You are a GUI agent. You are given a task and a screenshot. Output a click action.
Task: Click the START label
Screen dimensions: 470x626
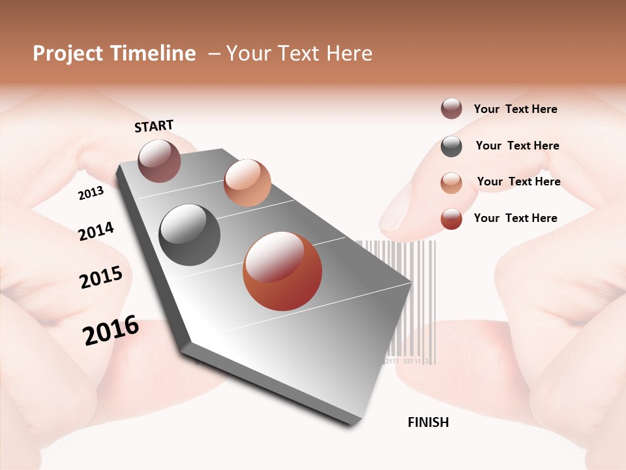(x=154, y=126)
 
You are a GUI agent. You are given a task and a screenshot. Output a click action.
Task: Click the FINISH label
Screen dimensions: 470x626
(x=428, y=422)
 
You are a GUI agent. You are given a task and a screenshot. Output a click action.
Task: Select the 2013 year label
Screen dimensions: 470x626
(x=91, y=193)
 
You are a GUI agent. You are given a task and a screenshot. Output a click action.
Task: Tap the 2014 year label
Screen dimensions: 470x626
(x=96, y=231)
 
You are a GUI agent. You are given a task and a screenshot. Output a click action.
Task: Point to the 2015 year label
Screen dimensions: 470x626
(x=101, y=277)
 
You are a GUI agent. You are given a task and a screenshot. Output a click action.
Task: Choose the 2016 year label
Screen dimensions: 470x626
(x=111, y=330)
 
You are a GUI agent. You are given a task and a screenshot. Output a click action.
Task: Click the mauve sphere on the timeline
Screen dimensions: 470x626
(x=160, y=161)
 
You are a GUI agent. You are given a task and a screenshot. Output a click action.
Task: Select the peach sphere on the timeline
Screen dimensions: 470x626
(x=247, y=183)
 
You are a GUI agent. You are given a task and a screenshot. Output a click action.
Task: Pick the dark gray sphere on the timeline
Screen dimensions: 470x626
(x=190, y=235)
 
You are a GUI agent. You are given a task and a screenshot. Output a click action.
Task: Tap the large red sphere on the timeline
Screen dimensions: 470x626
(x=282, y=271)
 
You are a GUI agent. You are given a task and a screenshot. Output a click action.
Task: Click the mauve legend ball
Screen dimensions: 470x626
(x=451, y=108)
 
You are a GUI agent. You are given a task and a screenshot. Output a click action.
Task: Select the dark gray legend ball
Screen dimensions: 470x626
(x=451, y=146)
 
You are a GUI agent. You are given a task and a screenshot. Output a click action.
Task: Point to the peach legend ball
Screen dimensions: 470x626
(x=451, y=183)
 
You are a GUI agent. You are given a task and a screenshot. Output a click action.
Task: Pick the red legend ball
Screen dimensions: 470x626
(x=451, y=219)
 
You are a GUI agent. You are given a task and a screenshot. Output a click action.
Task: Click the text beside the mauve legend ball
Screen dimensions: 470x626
(x=515, y=110)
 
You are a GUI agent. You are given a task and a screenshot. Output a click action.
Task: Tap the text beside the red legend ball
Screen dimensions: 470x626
(x=515, y=218)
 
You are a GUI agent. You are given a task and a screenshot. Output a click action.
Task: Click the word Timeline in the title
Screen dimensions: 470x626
(x=153, y=54)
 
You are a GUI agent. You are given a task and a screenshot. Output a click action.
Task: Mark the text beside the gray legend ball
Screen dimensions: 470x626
(x=517, y=146)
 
